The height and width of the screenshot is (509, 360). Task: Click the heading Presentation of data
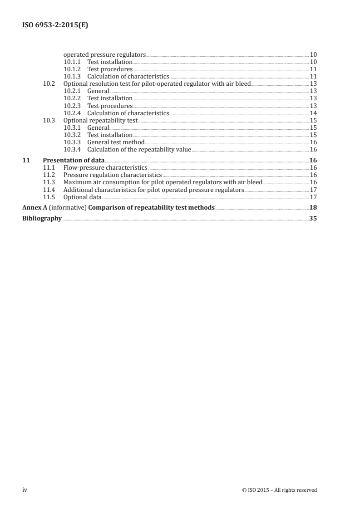[74, 160]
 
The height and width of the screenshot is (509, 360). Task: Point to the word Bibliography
[42, 218]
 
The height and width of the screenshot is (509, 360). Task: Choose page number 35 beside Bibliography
[313, 218]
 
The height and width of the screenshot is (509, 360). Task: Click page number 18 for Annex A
[313, 207]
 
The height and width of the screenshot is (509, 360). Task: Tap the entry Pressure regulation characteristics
[113, 175]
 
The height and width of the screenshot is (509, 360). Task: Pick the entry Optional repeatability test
[100, 120]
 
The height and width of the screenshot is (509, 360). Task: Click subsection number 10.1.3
[73, 76]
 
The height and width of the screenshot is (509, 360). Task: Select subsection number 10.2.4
[73, 113]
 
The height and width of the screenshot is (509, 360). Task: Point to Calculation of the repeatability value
[139, 149]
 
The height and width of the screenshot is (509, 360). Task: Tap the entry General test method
[116, 142]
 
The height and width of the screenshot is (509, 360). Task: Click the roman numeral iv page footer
[25, 489]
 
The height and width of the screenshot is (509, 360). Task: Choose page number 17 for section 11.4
[313, 189]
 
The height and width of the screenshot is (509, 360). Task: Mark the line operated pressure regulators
[105, 54]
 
